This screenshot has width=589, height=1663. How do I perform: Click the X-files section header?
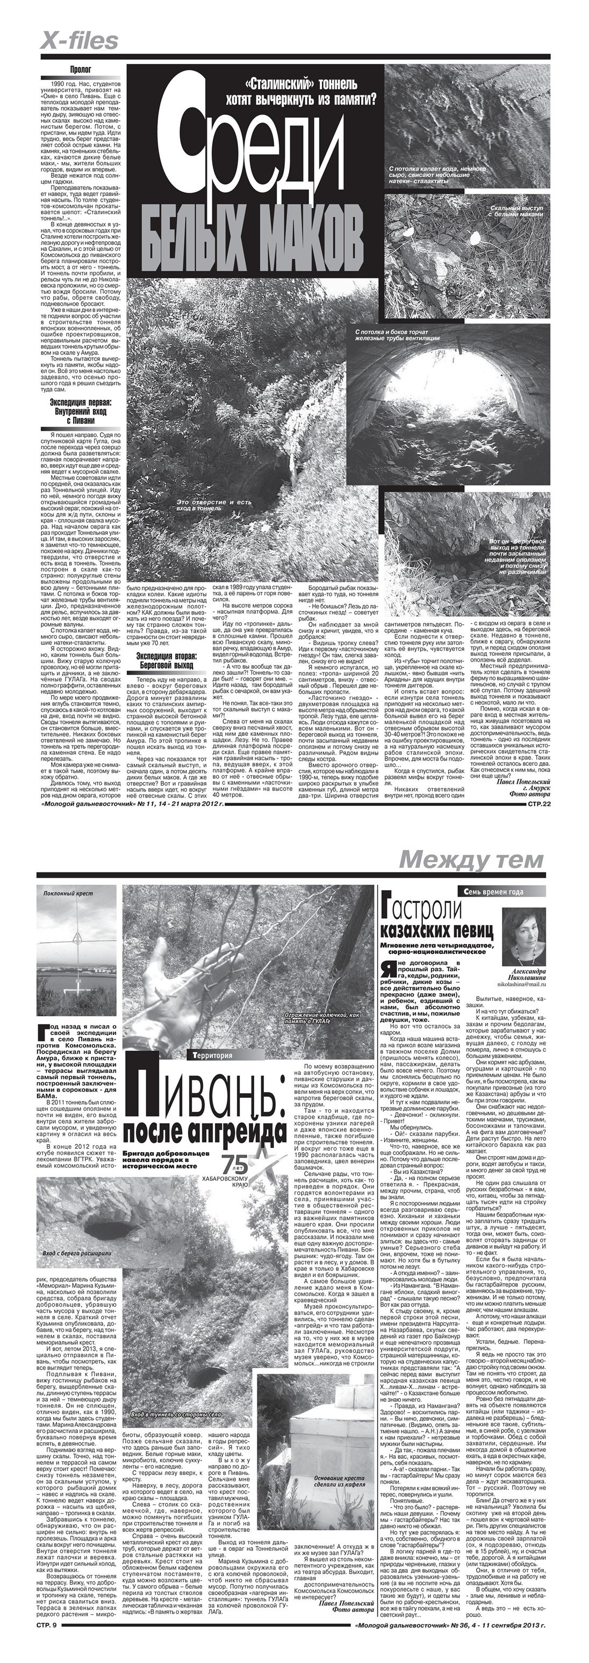[x=80, y=41]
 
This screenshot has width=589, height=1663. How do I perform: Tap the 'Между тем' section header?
[x=472, y=859]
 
